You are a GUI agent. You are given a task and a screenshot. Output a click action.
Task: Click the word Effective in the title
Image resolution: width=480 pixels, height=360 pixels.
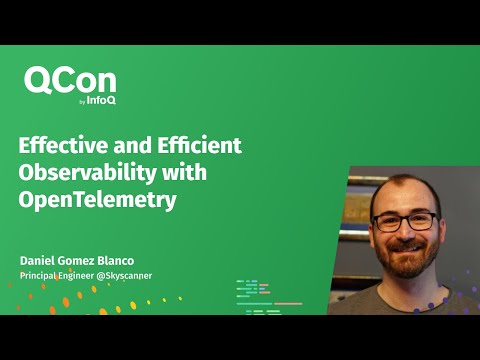[61, 144]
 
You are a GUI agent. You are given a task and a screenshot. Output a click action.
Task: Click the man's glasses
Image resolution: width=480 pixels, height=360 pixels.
[404, 222]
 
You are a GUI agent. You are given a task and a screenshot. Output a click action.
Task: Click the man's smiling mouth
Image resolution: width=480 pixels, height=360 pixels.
[406, 251]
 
